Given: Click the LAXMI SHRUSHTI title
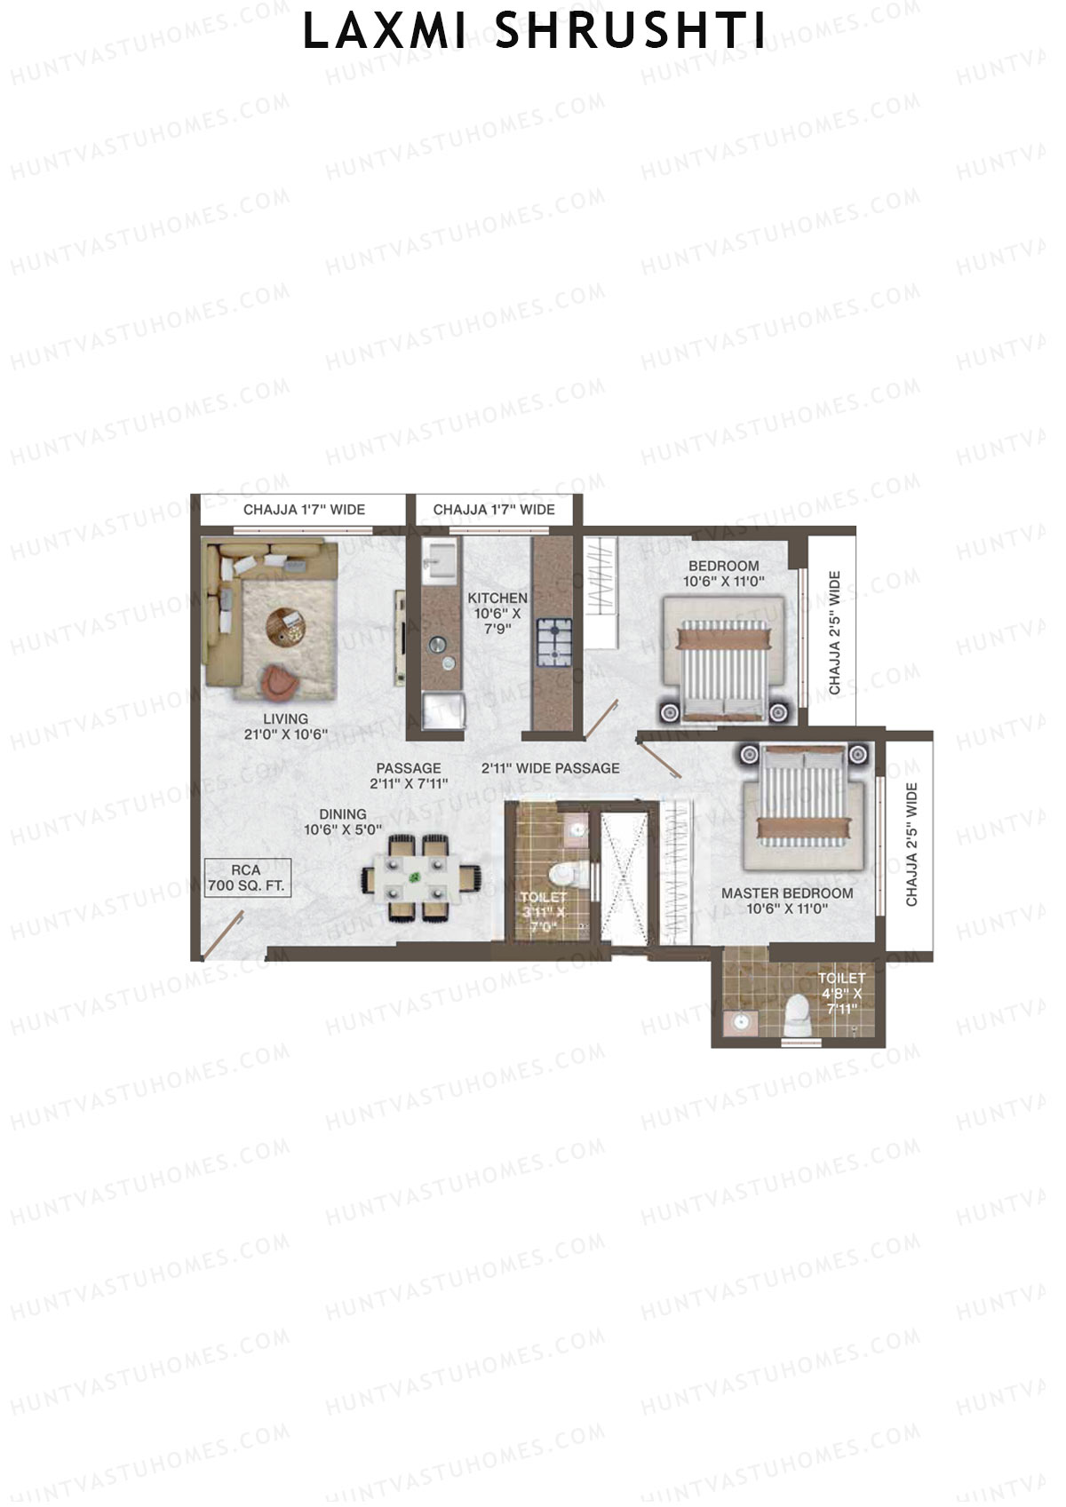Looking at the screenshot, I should [534, 32].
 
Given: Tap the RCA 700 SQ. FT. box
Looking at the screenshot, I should [246, 878].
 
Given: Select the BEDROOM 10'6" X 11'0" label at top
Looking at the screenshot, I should [724, 574].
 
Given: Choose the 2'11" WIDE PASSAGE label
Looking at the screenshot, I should [551, 768].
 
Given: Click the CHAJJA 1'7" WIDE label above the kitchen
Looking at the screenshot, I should [494, 510].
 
